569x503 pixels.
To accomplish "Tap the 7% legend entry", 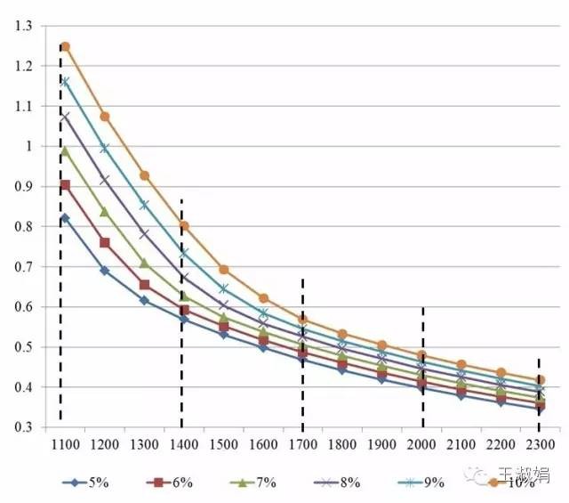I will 253,483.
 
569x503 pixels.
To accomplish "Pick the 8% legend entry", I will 335,483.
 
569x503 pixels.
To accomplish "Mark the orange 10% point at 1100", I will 65,46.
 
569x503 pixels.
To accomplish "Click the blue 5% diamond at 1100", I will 65,218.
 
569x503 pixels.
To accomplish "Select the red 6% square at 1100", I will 65,185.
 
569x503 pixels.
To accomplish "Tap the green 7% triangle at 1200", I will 105,212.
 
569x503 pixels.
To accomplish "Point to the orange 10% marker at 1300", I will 144,175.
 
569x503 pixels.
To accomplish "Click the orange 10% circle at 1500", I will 223,269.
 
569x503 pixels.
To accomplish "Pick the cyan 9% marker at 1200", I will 105,148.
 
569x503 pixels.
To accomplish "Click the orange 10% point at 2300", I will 541,380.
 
